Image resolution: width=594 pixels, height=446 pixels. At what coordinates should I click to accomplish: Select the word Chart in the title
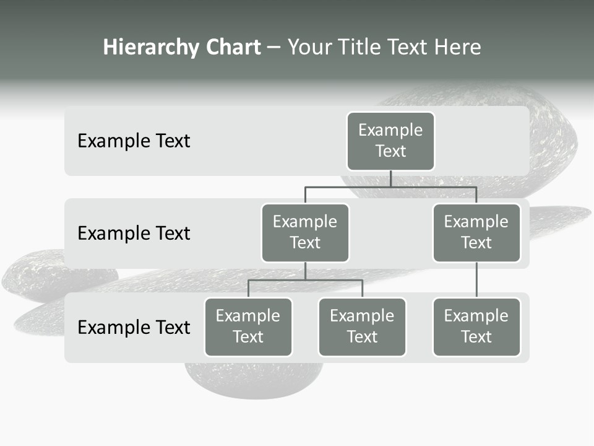233,48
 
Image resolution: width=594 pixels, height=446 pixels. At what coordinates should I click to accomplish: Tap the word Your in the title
309,48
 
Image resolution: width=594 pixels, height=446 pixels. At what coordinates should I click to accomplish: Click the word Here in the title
458,48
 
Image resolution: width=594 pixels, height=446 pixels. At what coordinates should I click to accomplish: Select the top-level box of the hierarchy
390,141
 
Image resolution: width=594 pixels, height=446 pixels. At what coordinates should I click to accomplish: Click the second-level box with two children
305,233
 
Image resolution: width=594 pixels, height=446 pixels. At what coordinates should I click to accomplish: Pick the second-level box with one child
476,233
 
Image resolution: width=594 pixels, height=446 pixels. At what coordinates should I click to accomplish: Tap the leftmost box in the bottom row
248,327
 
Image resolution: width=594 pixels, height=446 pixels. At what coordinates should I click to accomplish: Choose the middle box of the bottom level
362,327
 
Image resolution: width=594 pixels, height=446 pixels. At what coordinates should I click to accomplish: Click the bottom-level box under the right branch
476,327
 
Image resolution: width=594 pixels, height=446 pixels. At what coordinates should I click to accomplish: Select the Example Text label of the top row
134,141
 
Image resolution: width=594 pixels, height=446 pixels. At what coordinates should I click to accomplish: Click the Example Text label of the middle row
134,234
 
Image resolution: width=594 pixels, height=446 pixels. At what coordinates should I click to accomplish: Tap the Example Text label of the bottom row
134,327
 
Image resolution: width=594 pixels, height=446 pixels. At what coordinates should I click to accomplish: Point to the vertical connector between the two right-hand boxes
476,280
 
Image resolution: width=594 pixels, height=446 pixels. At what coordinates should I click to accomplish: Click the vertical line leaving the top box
390,178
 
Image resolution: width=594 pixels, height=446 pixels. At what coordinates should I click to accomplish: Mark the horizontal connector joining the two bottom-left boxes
305,280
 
